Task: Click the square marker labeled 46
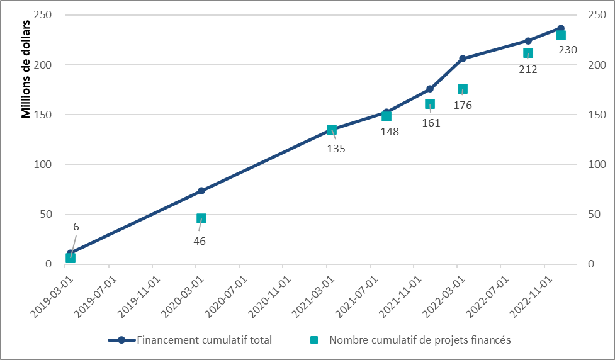pos(201,218)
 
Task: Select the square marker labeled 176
pos(463,89)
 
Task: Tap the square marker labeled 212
pos(528,53)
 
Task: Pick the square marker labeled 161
pos(430,104)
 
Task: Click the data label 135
pos(336,149)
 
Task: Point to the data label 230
pos(568,49)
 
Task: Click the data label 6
pos(76,227)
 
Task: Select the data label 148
pos(390,132)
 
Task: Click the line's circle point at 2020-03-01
pos(201,191)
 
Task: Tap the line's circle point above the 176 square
pos(463,59)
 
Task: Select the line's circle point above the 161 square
pos(430,89)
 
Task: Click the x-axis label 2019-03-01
pos(50,290)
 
